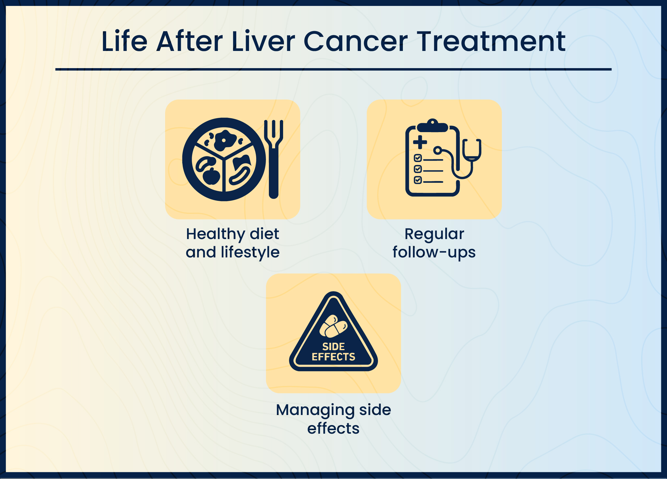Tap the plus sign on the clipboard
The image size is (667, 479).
point(420,142)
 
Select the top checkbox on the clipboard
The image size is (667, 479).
point(418,158)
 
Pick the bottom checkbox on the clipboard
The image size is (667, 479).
point(418,180)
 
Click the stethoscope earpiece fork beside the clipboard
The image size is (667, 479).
point(471,150)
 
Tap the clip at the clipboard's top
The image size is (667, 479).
point(433,126)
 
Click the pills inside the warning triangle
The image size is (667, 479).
point(333,326)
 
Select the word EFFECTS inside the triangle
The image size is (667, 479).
point(333,357)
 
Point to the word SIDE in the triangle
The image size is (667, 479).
point(333,347)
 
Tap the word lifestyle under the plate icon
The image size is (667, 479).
point(250,252)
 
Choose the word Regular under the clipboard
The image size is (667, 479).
point(434,234)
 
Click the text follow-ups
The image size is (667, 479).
point(434,252)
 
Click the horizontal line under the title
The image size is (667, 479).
point(333,69)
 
